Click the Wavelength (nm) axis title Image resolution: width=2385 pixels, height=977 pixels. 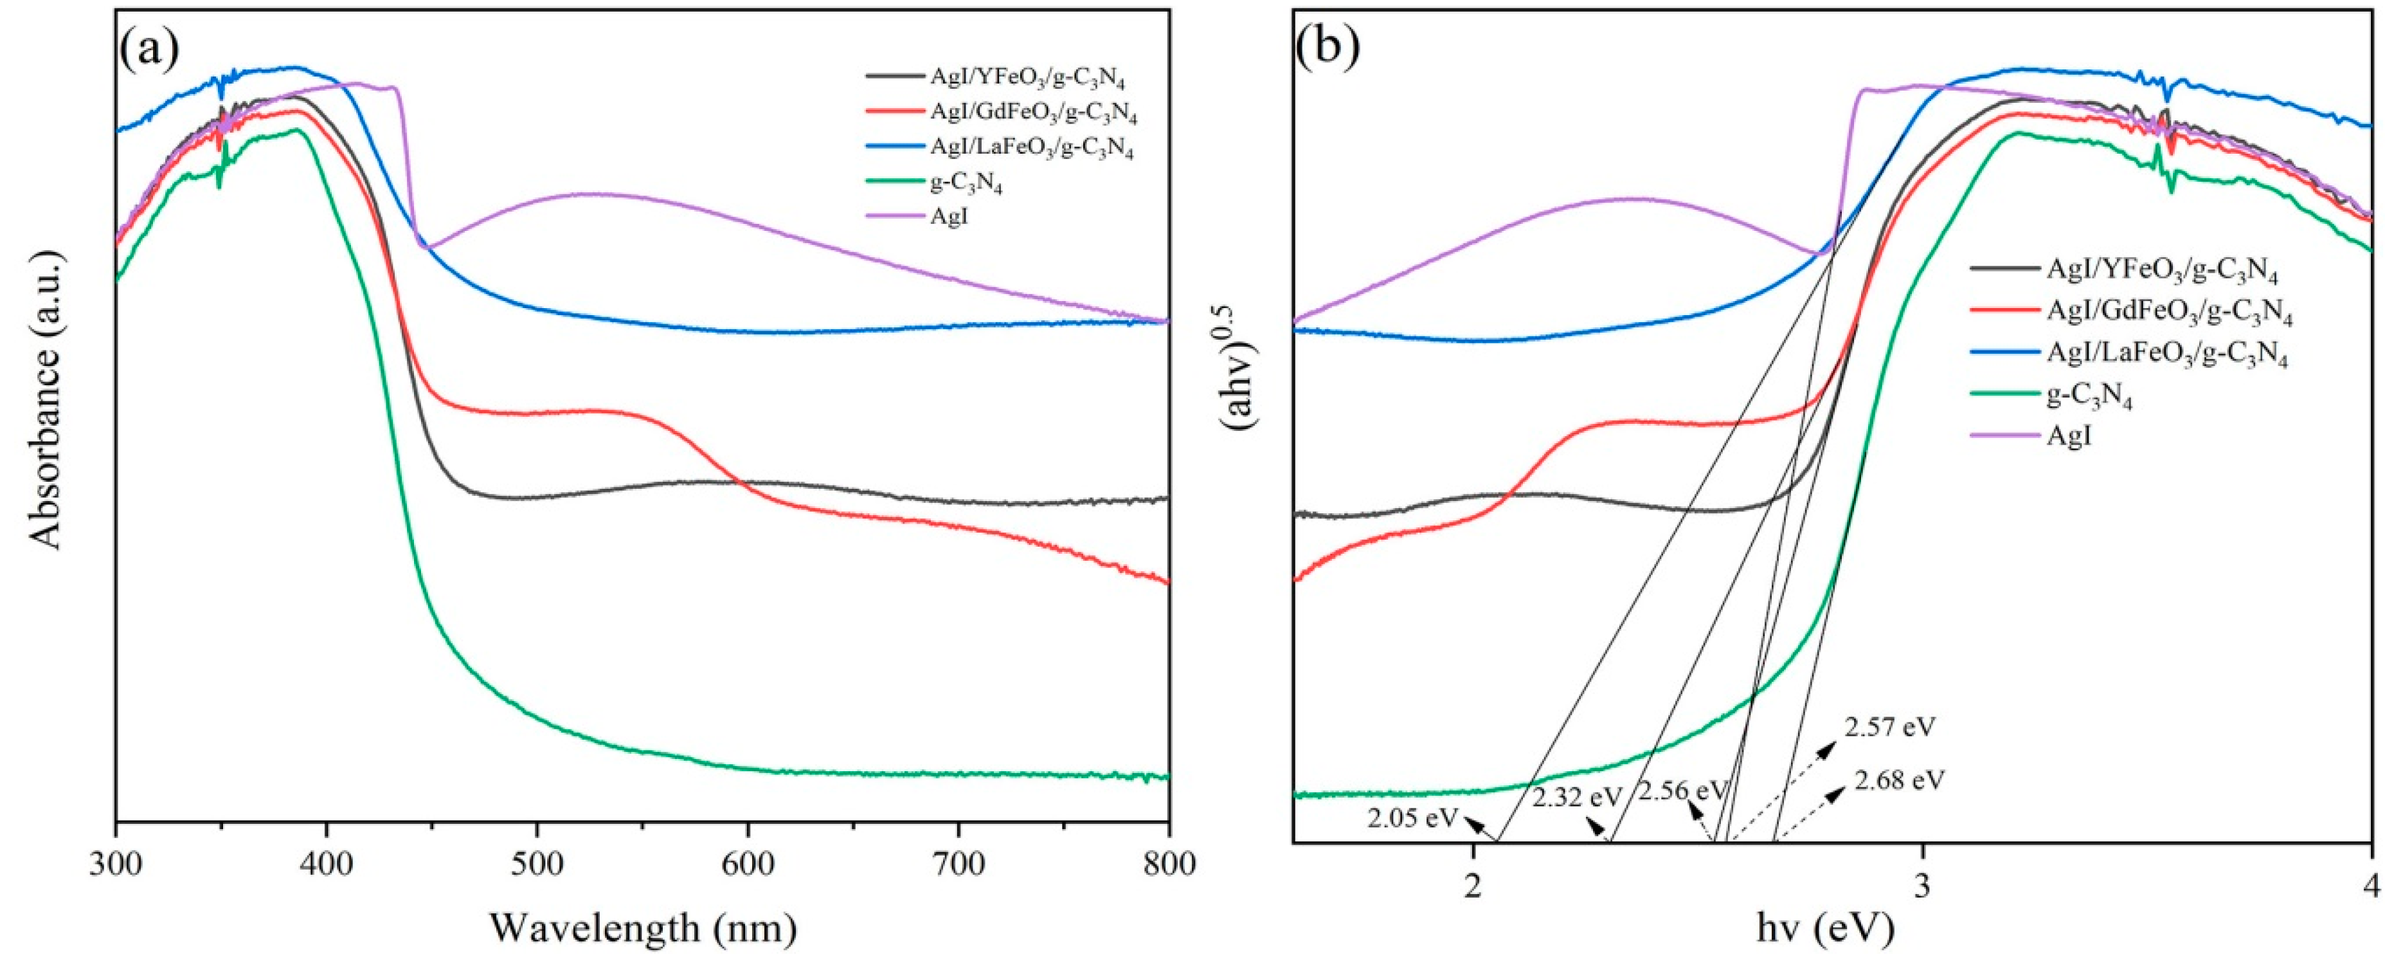point(643,927)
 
